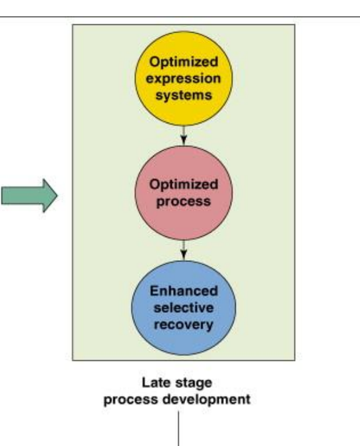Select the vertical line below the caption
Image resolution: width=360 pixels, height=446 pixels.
tap(180, 429)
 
